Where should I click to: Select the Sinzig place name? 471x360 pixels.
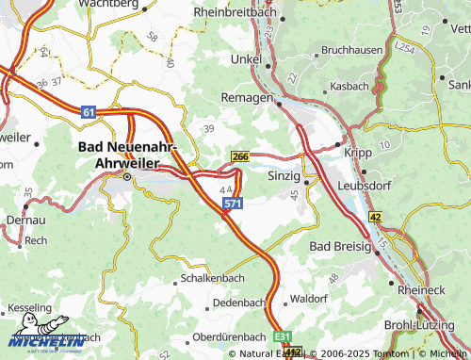pos(284,176)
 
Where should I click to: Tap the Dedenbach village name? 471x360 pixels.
pos(238,303)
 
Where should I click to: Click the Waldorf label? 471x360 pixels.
pos(308,298)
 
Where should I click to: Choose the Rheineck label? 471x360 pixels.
pos(421,290)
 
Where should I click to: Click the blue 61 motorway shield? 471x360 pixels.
pos(89,112)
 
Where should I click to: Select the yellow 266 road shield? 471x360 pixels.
pos(240,157)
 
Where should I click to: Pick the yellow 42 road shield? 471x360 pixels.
pos(375,217)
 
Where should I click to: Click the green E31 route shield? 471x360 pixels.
pos(284,336)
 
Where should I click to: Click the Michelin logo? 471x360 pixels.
pos(45,336)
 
